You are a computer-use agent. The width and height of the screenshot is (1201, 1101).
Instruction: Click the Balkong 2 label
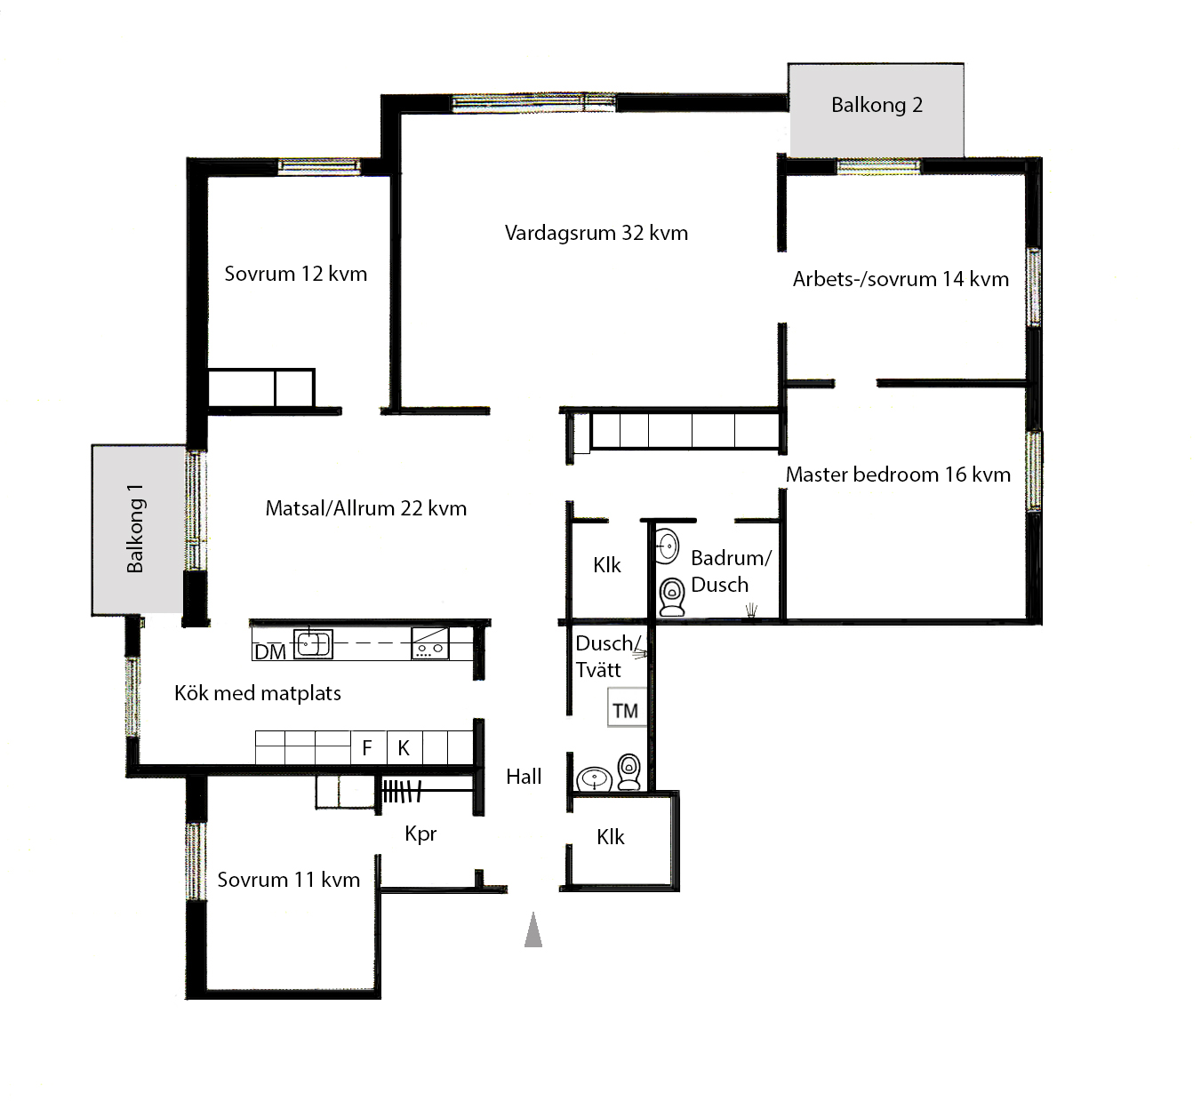point(877,106)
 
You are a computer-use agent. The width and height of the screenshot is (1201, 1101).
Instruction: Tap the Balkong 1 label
point(135,529)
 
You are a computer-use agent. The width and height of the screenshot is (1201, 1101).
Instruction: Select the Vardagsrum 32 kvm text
point(596,233)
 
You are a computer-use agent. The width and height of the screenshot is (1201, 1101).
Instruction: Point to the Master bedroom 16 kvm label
point(898,475)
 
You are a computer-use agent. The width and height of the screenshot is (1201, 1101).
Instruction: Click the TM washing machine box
point(626,707)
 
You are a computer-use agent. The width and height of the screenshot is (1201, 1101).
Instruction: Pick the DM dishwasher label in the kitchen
point(270,652)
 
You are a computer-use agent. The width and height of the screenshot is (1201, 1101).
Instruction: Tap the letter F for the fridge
point(367,747)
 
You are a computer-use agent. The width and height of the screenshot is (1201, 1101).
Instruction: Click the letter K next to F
point(404,747)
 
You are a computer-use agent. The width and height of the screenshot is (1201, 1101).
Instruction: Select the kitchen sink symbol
point(313,643)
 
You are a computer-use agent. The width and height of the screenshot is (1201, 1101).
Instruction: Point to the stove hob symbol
point(430,643)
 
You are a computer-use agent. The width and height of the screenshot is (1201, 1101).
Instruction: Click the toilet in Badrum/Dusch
point(672,597)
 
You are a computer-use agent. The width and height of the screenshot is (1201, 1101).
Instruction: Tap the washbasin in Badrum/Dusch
point(667,546)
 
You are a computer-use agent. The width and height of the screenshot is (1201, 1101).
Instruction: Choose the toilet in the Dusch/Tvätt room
point(629,771)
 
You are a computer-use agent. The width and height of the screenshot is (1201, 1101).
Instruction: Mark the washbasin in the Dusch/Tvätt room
point(594,779)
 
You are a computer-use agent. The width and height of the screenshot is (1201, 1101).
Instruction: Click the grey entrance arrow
point(532,929)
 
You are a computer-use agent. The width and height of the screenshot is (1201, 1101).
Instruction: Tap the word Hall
point(524,777)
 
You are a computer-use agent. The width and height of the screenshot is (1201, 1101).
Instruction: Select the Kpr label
point(420,834)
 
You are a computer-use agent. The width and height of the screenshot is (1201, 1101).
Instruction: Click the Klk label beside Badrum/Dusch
point(606,564)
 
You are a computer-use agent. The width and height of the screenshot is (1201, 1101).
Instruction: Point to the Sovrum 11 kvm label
point(289,880)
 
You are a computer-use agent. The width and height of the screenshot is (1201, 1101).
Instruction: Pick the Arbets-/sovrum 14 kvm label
point(901,279)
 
